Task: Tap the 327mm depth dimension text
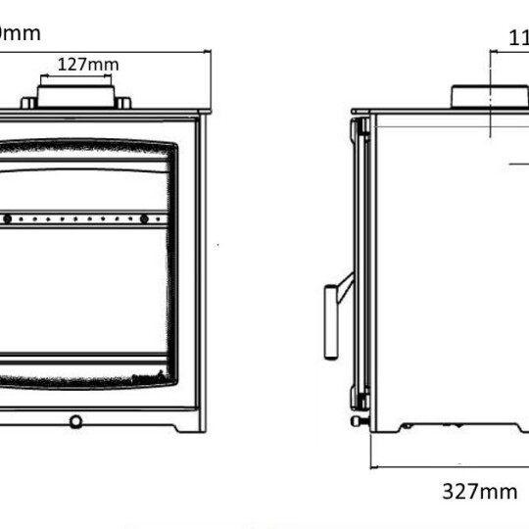click(479, 492)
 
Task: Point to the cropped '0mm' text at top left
click(20, 33)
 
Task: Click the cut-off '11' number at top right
click(518, 39)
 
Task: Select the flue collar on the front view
click(76, 97)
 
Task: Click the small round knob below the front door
click(75, 421)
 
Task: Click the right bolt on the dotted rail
click(144, 217)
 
